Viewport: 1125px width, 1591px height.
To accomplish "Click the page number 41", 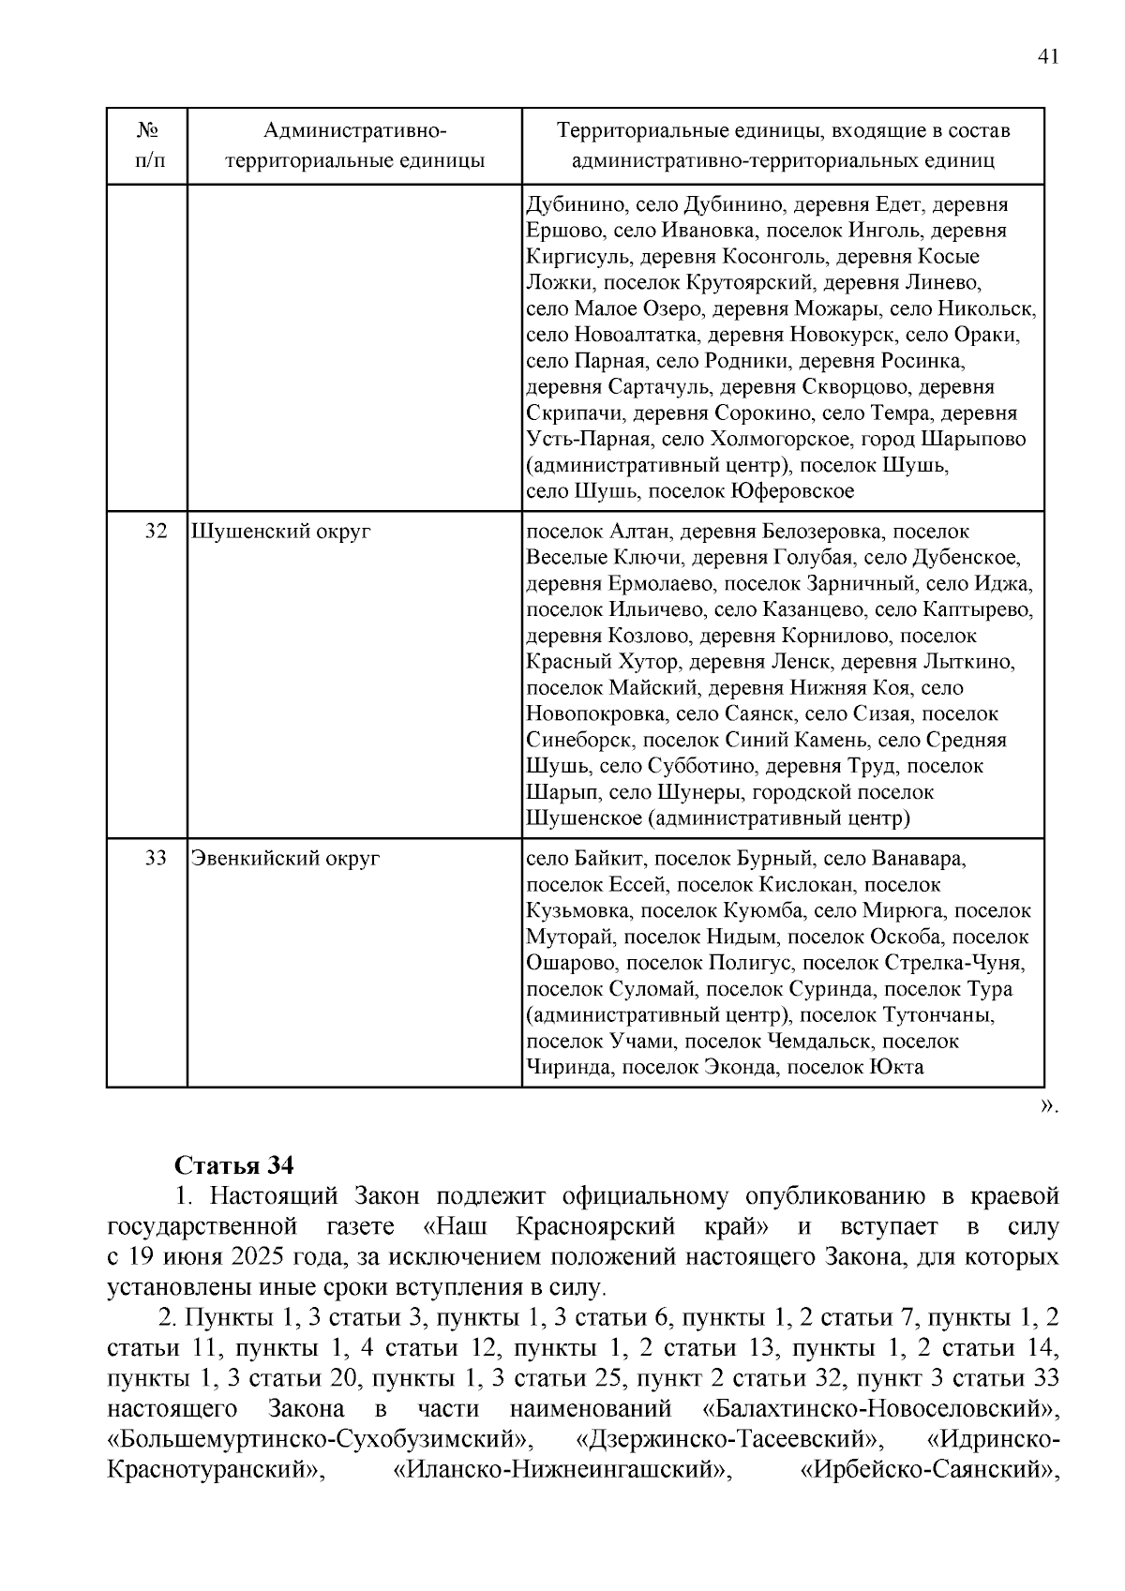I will [x=1048, y=57].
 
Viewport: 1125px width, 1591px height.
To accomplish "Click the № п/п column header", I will [x=146, y=145].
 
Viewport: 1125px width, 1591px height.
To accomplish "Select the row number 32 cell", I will [x=157, y=532].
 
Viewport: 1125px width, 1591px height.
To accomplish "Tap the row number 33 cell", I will [x=157, y=858].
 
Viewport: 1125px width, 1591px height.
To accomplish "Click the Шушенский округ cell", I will [x=281, y=532].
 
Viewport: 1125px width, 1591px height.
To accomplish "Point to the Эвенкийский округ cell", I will [x=286, y=858].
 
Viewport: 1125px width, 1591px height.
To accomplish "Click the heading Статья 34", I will [x=234, y=1164].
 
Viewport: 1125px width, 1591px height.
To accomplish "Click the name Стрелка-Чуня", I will [x=954, y=963].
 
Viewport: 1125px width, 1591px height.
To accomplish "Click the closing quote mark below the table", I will [x=1048, y=1106].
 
